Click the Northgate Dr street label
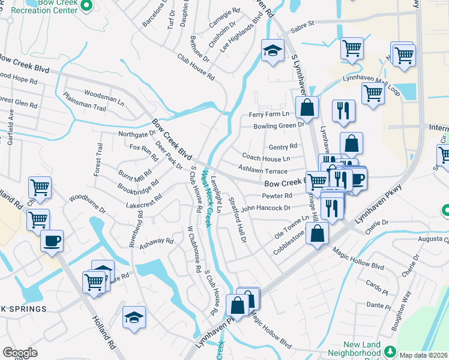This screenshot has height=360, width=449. pos(137,134)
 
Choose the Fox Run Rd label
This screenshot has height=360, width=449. pos(143,151)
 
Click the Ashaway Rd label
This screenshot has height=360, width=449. pos(157,242)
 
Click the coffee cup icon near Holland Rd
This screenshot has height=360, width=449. pos(51,241)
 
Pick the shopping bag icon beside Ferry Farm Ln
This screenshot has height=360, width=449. pos(307,108)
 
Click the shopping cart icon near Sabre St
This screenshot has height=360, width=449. pos(352,48)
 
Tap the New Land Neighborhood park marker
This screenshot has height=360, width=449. pos(391,350)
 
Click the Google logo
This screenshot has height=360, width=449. pos(20,352)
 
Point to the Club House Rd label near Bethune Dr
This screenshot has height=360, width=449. pos(195,67)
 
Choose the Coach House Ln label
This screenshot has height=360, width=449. pos(266,158)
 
